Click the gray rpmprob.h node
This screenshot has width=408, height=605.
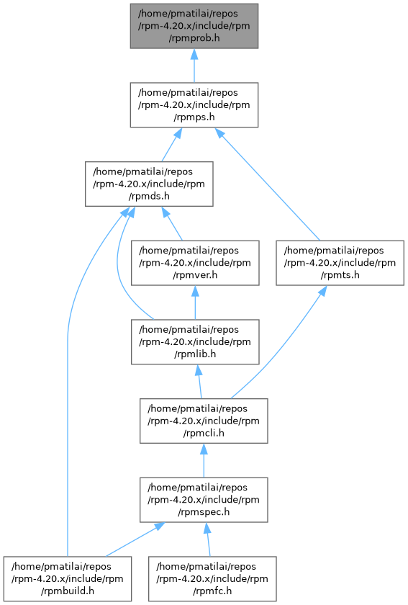(x=194, y=26)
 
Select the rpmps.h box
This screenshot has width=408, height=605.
(x=194, y=104)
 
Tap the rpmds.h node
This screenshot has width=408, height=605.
(x=149, y=184)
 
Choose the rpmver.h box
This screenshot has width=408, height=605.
(x=195, y=263)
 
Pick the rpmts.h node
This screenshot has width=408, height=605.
(x=340, y=263)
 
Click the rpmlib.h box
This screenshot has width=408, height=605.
(x=195, y=341)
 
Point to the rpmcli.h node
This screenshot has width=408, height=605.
(x=204, y=421)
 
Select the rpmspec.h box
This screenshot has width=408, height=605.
(x=204, y=500)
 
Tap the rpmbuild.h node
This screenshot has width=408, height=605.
(x=68, y=578)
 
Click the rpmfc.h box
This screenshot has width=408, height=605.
(x=212, y=578)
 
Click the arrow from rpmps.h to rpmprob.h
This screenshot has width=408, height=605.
(x=194, y=66)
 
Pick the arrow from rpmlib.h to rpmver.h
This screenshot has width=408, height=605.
(x=195, y=302)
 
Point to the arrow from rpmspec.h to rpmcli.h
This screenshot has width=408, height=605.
(x=204, y=460)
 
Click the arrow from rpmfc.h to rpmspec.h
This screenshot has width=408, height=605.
(x=208, y=539)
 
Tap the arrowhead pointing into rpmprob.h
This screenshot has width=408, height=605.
(x=194, y=54)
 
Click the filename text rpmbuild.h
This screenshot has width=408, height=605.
(x=68, y=591)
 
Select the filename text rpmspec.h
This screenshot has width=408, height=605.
(x=204, y=512)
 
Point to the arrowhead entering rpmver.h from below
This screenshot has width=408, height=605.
(x=195, y=291)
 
